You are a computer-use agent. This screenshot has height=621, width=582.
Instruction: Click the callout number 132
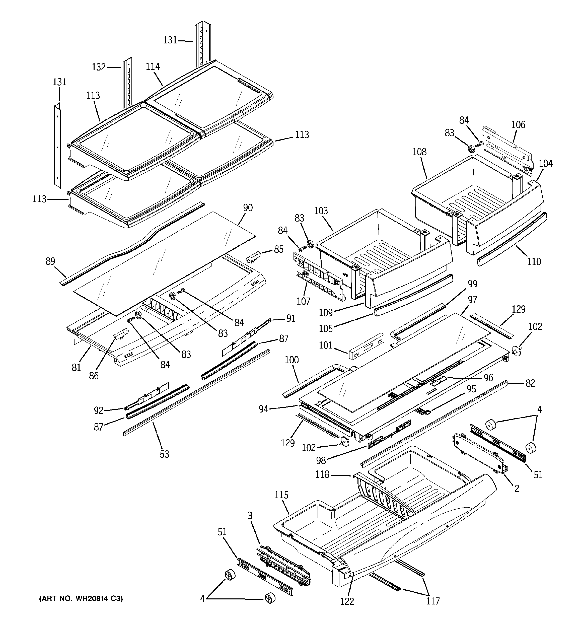pyautogui.click(x=99, y=67)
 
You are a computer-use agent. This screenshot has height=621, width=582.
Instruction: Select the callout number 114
pyautogui.click(x=153, y=66)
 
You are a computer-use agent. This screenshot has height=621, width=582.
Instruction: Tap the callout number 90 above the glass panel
pyautogui.click(x=248, y=208)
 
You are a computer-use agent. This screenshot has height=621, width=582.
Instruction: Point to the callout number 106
pyautogui.click(x=518, y=125)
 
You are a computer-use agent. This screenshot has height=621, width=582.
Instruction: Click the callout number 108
pyautogui.click(x=419, y=152)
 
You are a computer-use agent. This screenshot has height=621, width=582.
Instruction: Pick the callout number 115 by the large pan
pyautogui.click(x=281, y=495)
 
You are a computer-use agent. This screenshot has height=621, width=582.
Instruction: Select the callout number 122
pyautogui.click(x=347, y=601)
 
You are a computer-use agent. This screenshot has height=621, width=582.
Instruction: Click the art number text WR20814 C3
pyautogui.click(x=81, y=598)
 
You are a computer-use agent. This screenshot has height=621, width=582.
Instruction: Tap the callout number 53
pyautogui.click(x=164, y=454)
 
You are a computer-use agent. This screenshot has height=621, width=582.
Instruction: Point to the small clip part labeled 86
pyautogui.click(x=121, y=334)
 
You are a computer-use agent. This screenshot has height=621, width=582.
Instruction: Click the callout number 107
pyautogui.click(x=303, y=301)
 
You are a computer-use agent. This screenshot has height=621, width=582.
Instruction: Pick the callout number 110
pyautogui.click(x=534, y=261)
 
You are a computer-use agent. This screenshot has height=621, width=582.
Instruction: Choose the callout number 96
pyautogui.click(x=488, y=378)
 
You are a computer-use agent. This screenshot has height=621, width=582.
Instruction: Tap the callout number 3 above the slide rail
pyautogui.click(x=250, y=515)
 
